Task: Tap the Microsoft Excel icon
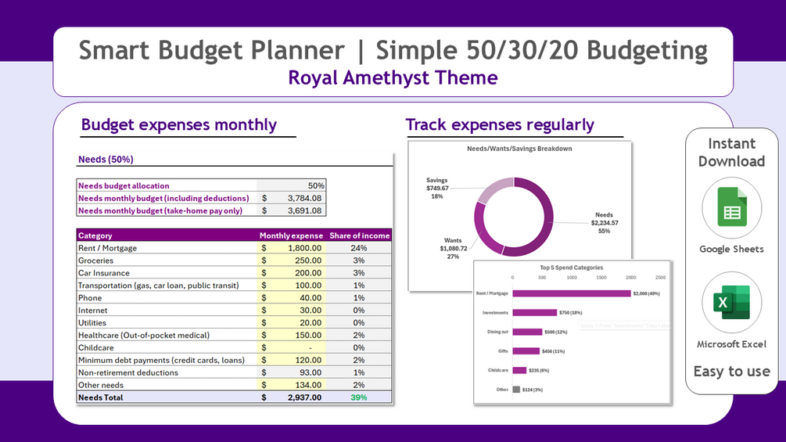tap(731, 303)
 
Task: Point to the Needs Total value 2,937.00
tap(302, 397)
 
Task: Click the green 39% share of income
tap(359, 397)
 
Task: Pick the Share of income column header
tap(359, 235)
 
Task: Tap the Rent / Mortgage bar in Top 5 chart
tap(571, 293)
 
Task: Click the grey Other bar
tap(516, 389)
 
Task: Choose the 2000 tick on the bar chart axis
tap(631, 278)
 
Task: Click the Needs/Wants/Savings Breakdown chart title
tap(519, 149)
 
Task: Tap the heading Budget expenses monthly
tap(179, 124)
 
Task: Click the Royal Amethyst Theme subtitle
tap(393, 77)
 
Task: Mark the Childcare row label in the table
tap(96, 347)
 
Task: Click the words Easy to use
tap(731, 372)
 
